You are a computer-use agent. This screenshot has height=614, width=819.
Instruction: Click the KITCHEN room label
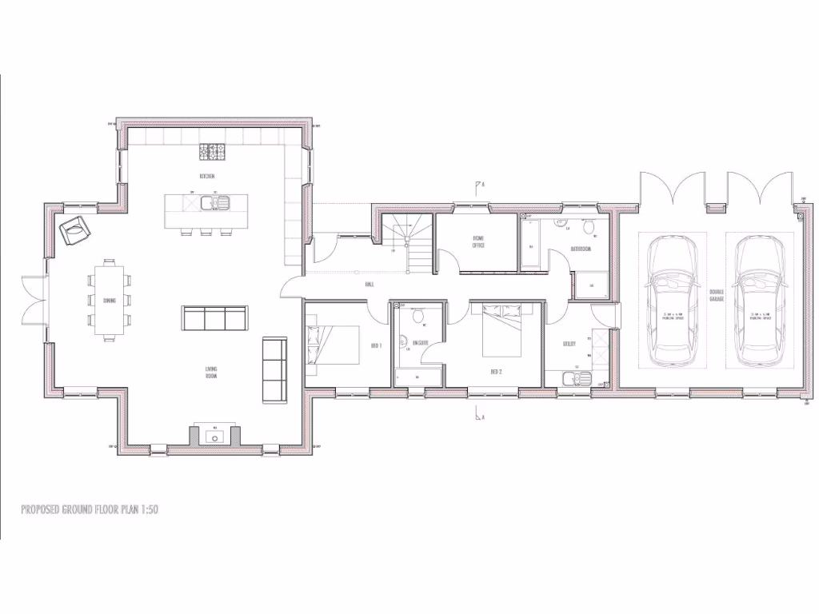tap(207, 176)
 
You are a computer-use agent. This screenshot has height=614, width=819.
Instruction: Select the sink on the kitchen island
tap(215, 202)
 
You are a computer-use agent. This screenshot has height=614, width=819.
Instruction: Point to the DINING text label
tap(109, 301)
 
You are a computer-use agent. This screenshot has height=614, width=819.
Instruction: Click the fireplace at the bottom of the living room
tap(214, 437)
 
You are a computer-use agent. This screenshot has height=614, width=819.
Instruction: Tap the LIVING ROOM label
tap(211, 372)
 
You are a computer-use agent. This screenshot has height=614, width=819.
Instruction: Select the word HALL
tap(369, 284)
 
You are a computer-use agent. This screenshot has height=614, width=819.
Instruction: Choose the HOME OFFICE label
tap(478, 241)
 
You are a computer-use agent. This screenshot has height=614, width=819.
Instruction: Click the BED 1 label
tap(376, 345)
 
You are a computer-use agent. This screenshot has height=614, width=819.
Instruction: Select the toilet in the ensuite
tap(416, 317)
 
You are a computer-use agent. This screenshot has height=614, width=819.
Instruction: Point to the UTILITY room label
tap(569, 344)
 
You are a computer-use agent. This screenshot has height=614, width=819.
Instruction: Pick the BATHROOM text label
tap(581, 249)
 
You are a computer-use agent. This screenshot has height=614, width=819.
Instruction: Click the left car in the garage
tap(672, 300)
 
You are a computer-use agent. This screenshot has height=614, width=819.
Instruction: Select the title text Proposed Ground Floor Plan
tap(90, 508)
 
